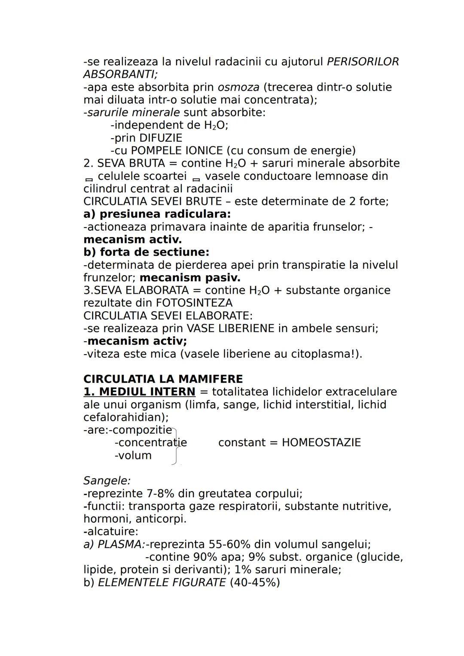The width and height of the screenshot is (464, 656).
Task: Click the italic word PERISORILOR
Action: pos(363,62)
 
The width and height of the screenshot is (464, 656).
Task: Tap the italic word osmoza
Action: pos(238,87)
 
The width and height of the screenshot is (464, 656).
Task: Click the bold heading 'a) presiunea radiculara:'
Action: pos(157,214)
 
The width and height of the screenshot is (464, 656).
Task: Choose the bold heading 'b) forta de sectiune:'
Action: pos(146,252)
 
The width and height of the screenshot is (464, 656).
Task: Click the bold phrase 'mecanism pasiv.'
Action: pos(190,278)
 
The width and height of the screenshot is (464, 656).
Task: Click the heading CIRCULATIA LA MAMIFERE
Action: pos(163,379)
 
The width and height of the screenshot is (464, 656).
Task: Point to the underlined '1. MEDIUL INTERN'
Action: pos(139,392)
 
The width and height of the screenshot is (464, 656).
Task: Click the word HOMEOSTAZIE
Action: pos(321,443)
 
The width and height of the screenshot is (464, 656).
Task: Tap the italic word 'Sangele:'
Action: pos(107,481)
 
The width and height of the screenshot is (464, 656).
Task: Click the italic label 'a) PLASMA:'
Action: pos(114,544)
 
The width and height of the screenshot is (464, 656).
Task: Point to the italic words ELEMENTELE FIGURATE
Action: pos(162,583)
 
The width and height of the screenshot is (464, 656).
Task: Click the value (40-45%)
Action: pos(255,583)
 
